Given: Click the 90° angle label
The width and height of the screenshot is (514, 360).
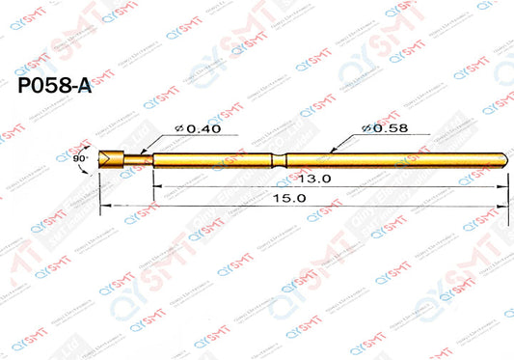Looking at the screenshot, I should point(79,155).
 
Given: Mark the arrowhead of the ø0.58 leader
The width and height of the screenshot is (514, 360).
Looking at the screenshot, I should point(331,152).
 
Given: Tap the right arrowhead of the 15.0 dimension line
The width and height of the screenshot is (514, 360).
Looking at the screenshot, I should point(502,205).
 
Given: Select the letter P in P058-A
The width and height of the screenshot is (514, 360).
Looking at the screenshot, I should point(26,87).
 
